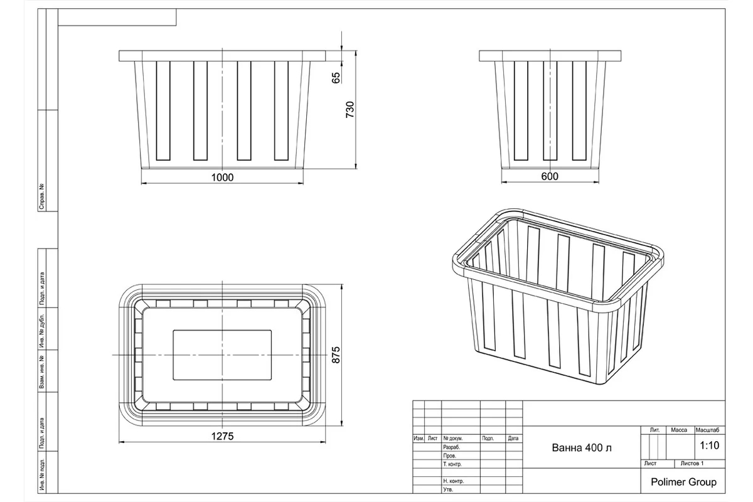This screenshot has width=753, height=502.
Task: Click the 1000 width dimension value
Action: [x=222, y=177]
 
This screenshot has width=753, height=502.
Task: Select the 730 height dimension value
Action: [x=350, y=109]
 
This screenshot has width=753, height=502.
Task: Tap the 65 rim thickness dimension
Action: [x=336, y=78]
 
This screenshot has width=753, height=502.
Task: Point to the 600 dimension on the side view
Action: [x=550, y=176]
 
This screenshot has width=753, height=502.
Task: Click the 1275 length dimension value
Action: [x=222, y=436]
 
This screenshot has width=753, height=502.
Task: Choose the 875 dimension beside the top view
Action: [x=336, y=355]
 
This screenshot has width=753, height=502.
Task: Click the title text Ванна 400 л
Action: [x=582, y=447]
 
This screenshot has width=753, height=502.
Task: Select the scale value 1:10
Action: [x=709, y=446]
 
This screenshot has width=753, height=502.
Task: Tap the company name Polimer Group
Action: [x=683, y=482]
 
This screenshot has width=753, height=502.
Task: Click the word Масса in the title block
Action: [x=679, y=430]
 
